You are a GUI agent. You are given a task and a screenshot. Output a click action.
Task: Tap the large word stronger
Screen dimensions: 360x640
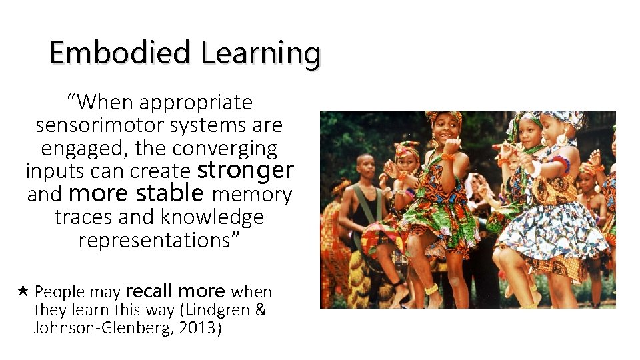(x=246, y=170)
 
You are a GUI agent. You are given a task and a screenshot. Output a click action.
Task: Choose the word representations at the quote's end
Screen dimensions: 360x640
(x=159, y=240)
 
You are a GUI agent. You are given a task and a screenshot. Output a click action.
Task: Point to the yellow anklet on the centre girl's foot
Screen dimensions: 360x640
(x=432, y=289)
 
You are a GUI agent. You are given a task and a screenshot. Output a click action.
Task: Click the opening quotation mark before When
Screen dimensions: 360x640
(x=72, y=101)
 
